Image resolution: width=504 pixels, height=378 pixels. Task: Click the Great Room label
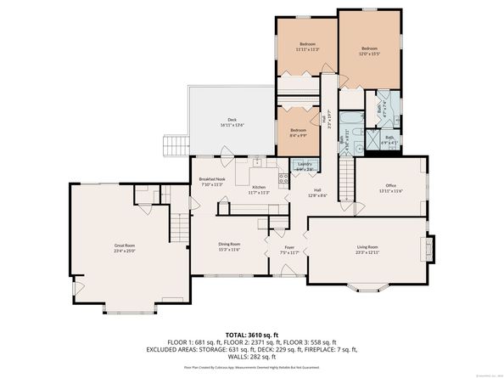coord(125,247)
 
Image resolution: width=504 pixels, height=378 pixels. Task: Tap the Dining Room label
coord(230,247)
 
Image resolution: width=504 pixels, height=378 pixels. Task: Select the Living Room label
coord(367,248)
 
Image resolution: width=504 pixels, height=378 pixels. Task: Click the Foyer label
coord(289,250)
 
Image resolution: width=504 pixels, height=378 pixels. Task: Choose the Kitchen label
coord(259,189)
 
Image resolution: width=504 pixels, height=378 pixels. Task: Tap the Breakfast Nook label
coord(210,181)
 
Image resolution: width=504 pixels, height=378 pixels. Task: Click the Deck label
coord(232,122)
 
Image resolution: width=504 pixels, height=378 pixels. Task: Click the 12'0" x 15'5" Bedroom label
coord(369,51)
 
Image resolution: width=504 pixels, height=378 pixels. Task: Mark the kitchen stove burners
coord(259,162)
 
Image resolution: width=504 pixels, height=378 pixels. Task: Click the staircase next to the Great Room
coord(179,227)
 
